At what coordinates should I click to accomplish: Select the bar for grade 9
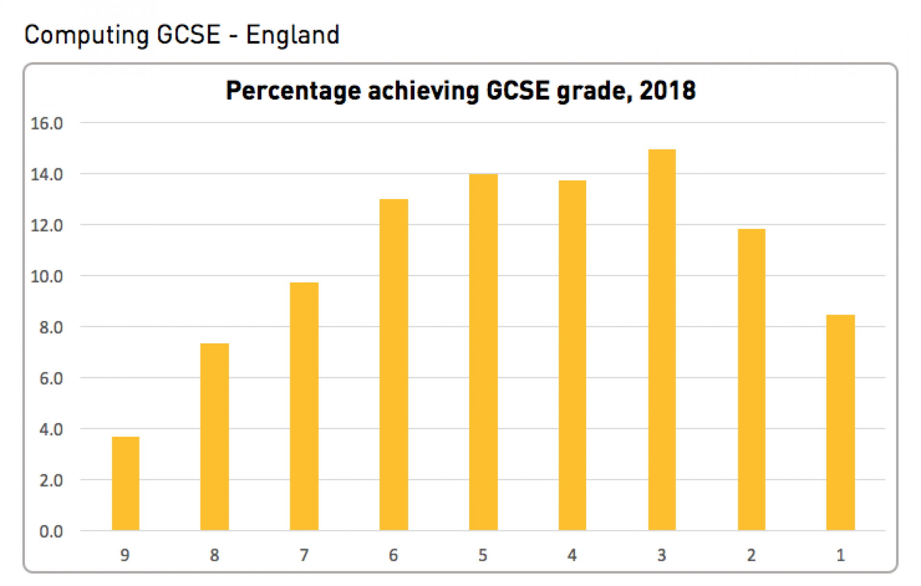(126, 483)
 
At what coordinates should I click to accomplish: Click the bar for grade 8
(214, 436)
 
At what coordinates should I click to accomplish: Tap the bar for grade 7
(304, 406)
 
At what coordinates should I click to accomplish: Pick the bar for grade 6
(394, 364)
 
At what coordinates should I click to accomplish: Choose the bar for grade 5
(483, 352)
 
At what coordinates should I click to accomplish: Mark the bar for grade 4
(572, 355)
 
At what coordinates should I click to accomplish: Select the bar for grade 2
(751, 379)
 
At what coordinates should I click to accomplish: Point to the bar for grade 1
(840, 422)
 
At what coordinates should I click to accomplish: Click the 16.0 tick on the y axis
(47, 124)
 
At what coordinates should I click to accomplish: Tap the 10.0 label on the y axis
(47, 277)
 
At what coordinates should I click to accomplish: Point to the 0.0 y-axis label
(51, 531)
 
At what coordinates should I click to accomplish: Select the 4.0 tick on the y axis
(51, 430)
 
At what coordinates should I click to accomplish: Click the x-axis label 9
(125, 555)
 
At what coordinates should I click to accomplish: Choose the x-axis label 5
(483, 555)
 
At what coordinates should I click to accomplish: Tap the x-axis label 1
(840, 555)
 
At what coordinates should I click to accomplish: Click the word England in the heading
(293, 35)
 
